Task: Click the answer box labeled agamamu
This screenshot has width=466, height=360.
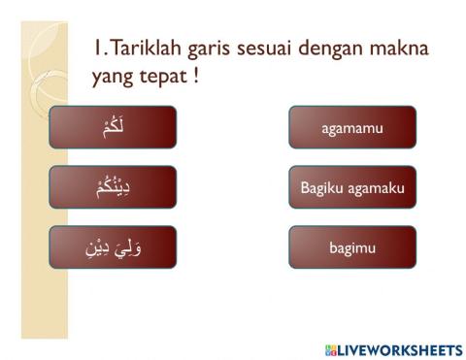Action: [x=351, y=127]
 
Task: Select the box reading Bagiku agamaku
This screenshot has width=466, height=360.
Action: [x=351, y=187]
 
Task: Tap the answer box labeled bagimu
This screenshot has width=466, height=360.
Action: [x=351, y=247]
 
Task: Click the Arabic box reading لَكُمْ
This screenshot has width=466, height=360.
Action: [x=113, y=127]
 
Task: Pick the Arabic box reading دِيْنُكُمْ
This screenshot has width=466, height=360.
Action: [x=113, y=187]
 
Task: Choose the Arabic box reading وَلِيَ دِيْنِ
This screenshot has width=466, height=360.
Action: [x=113, y=247]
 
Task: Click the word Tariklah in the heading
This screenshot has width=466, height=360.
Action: [x=145, y=48]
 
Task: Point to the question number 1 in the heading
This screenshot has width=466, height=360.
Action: [x=97, y=48]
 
